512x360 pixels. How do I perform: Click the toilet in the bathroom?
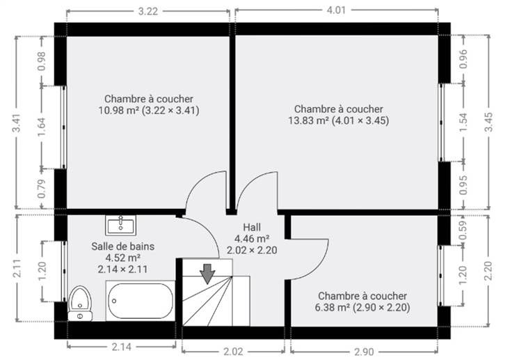(x=80, y=304)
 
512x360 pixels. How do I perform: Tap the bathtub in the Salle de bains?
(x=140, y=301)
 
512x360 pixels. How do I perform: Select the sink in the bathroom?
(x=120, y=225)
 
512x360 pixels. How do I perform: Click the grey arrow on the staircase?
(x=207, y=274)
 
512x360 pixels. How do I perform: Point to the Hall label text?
(x=252, y=227)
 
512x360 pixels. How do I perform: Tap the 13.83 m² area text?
(x=308, y=120)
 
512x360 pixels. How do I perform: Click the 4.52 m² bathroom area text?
(x=122, y=258)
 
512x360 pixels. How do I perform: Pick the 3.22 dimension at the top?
(x=148, y=11)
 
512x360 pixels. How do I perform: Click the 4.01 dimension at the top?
(x=336, y=10)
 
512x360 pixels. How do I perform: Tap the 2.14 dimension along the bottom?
(x=122, y=347)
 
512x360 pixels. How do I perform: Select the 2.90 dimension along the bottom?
(x=364, y=352)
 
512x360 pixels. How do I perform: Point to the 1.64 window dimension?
(x=42, y=127)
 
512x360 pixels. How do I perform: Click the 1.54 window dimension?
(x=463, y=123)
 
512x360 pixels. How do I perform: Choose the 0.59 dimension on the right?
(x=463, y=230)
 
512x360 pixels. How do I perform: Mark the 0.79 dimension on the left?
(x=42, y=189)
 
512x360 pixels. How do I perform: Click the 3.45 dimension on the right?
(x=488, y=122)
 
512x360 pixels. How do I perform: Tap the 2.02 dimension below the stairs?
(x=233, y=352)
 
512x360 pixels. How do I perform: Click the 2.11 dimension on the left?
(x=17, y=268)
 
